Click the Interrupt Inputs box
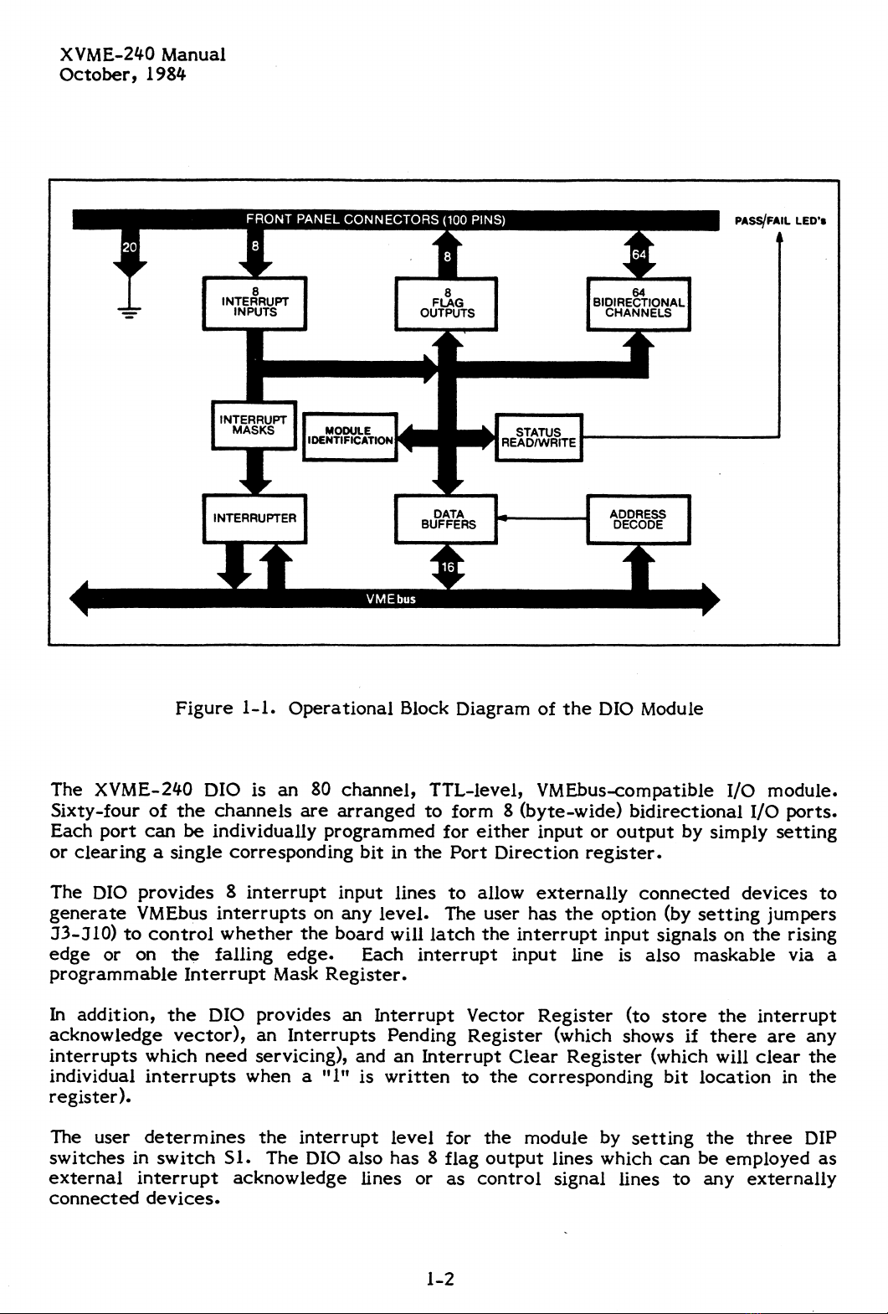tap(255, 303)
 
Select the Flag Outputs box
tap(447, 303)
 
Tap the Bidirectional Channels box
tap(639, 303)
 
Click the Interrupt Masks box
tap(253, 425)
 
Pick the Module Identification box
tap(349, 436)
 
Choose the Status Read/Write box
tap(538, 437)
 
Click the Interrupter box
tap(254, 518)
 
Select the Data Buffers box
tap(448, 519)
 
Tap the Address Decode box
tap(639, 519)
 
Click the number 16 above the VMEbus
tap(448, 568)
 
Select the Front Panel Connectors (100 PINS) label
tap(375, 220)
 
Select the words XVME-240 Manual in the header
tap(142, 55)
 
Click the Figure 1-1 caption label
tap(226, 709)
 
